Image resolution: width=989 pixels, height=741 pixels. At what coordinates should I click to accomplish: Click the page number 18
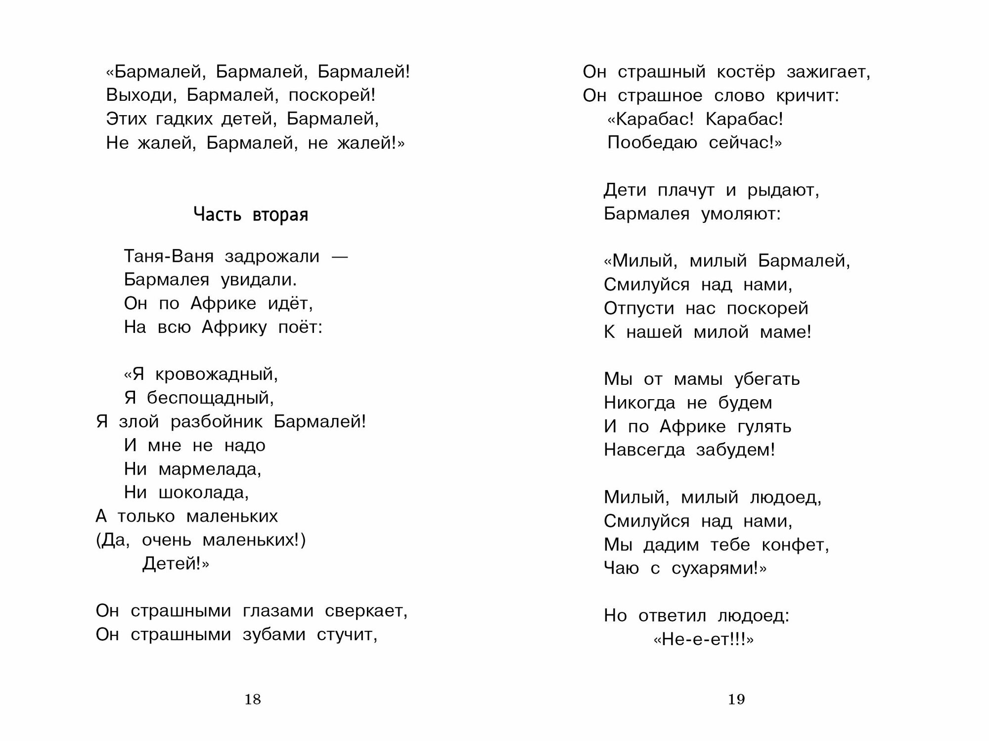point(252,699)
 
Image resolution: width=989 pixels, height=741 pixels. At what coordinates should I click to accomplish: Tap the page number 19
point(736,699)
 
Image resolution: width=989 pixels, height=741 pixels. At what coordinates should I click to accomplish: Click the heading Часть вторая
point(251,215)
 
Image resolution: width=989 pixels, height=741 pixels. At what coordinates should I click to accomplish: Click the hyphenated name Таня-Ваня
point(169,256)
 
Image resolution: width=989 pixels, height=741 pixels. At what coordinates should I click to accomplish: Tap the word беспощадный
point(210,398)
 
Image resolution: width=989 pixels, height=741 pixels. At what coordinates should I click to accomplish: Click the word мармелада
point(210,469)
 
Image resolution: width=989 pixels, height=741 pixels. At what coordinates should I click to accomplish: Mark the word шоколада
point(203,493)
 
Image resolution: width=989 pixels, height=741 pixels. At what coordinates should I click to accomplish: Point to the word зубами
point(273,635)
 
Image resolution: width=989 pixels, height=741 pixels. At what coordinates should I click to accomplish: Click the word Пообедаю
point(652,143)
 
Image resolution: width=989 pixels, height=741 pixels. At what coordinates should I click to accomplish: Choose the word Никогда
point(639,403)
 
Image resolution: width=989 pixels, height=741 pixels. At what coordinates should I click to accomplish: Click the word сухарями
point(715,569)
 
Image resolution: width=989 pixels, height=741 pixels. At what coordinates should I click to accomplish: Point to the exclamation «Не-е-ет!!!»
point(703,640)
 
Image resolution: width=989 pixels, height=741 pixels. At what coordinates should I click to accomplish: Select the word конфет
point(795,545)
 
